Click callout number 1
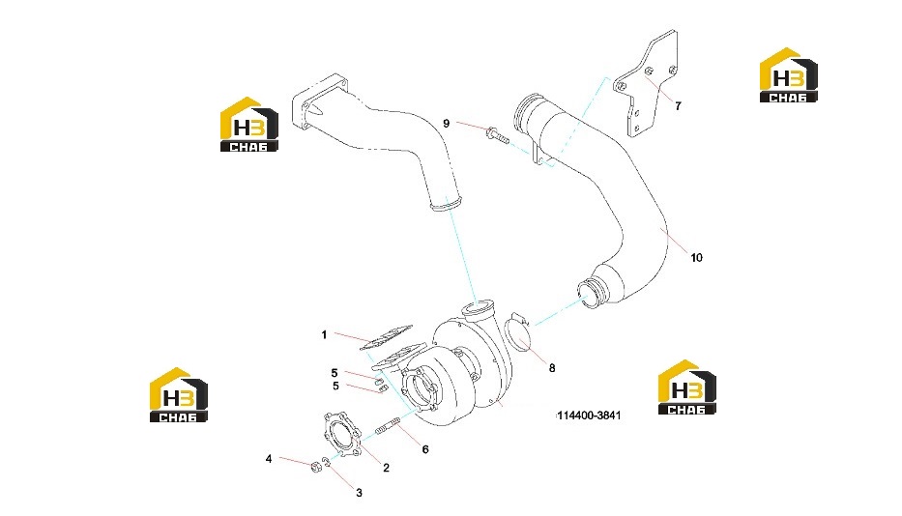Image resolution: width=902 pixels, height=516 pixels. tap(324, 334)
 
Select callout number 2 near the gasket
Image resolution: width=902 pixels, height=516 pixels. tap(386, 468)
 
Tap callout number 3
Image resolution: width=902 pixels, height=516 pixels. tap(359, 493)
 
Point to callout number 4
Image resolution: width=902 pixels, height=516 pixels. tap(269, 458)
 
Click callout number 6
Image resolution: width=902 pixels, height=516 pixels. tap(425, 449)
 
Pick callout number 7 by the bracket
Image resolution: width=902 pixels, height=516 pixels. tap(678, 106)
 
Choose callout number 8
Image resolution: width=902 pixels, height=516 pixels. tap(552, 367)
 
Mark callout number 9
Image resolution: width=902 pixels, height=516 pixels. tap(446, 123)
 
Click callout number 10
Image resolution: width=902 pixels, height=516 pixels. tap(697, 257)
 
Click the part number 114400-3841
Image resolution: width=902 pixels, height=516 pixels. tap(589, 416)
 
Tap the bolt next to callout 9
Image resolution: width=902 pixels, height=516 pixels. tap(498, 135)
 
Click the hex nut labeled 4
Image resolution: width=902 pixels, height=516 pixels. tap(315, 467)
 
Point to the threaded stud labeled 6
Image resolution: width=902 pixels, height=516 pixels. tap(388, 429)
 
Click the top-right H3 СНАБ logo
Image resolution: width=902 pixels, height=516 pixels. tap(789, 74)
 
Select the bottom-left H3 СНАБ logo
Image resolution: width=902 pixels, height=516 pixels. tap(178, 394)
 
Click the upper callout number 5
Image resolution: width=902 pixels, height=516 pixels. tap(335, 373)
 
